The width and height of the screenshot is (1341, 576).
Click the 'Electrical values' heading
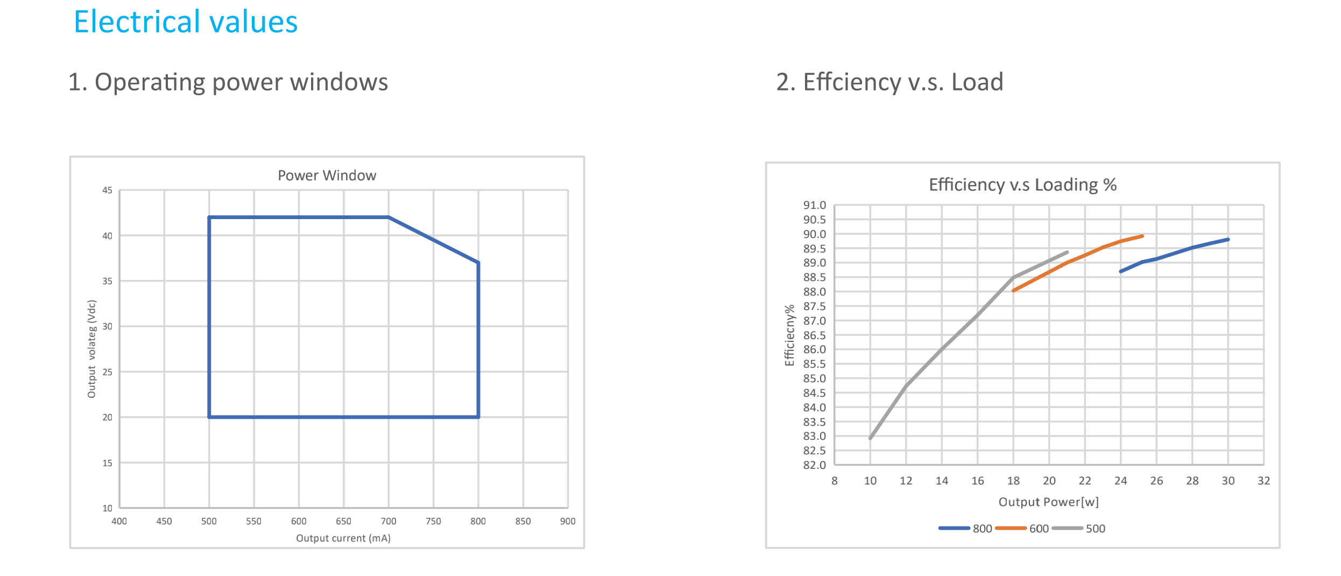pos(186,22)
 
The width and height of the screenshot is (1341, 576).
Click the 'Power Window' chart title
pos(327,175)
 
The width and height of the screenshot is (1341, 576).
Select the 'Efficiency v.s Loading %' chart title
pos(1022,185)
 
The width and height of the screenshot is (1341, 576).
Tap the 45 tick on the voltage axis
pos(108,190)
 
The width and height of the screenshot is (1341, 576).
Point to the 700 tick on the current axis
pos(389,521)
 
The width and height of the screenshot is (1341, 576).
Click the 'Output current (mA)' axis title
pos(343,538)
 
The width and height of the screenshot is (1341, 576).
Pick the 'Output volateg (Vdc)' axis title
pos(91,349)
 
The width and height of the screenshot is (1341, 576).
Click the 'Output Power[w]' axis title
pos(1048,502)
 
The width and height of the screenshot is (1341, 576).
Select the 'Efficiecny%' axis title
pos(789,335)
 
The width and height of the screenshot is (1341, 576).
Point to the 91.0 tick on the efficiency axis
pos(814,205)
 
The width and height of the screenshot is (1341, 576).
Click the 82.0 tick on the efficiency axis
pos(814,465)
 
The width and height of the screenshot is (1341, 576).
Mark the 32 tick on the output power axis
pos(1264,481)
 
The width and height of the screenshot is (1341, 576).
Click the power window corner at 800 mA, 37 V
pos(478,263)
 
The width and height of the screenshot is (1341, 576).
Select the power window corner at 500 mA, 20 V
pos(209,417)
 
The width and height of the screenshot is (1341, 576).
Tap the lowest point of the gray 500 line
pos(870,438)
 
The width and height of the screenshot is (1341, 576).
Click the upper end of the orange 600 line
pos(1142,236)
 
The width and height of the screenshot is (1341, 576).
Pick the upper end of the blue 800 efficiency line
pos(1228,240)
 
